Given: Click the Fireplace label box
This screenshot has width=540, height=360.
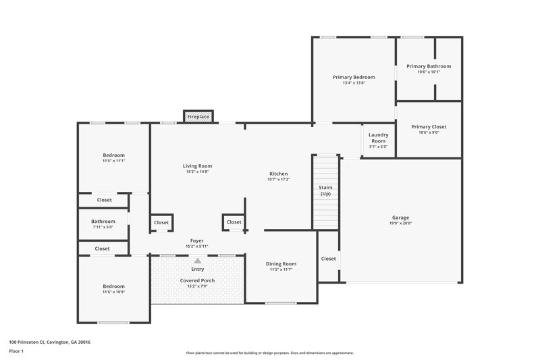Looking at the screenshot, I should click(x=198, y=117).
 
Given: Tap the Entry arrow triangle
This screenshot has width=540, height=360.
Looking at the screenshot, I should click(x=198, y=260).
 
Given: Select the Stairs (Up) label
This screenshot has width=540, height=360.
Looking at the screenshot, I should click(x=325, y=190).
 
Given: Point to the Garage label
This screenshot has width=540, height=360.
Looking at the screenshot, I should click(x=400, y=217).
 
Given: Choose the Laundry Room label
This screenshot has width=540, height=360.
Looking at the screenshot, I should click(x=378, y=137).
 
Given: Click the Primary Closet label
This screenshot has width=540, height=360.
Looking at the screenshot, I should click(x=429, y=127).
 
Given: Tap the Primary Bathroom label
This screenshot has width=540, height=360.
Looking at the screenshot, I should click(x=429, y=66).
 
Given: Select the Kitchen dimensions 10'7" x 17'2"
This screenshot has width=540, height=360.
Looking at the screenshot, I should click(x=278, y=180).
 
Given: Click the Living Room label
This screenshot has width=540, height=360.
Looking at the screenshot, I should click(x=198, y=165).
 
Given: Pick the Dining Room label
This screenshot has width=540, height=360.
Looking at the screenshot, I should click(x=280, y=263).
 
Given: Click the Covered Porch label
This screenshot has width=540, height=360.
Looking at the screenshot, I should click(x=198, y=280).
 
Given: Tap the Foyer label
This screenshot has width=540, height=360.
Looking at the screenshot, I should click(x=197, y=240).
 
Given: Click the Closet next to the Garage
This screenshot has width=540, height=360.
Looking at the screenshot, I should click(x=328, y=259).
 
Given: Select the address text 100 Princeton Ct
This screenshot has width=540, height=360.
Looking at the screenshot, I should click(x=50, y=342).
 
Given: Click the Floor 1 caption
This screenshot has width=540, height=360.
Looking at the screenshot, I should click(x=17, y=351).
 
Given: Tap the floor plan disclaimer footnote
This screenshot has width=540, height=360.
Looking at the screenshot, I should click(x=269, y=353).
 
